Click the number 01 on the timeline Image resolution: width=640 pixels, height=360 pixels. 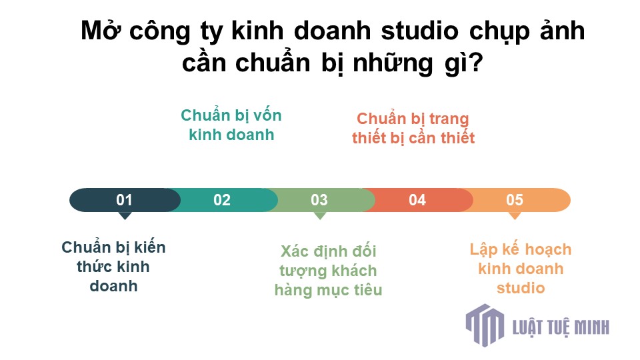click(124, 200)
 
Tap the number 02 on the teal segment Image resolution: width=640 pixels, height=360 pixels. click(222, 200)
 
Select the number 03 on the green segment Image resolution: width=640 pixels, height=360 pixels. click(319, 200)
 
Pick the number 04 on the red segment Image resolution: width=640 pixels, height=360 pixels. click(417, 200)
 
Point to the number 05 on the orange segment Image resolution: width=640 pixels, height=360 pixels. click(514, 200)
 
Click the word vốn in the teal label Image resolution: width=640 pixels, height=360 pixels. click(267, 115)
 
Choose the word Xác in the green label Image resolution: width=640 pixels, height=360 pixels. click(294, 251)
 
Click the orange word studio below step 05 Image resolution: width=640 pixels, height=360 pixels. click(521, 288)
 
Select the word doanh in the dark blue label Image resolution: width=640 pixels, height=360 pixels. click(113, 286)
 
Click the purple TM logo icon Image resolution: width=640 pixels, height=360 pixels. click(485, 325)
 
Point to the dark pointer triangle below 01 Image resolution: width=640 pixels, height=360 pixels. click(125, 215)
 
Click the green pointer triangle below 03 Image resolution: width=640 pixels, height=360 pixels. click(319, 215)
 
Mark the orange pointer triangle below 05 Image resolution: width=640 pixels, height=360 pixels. click(515, 215)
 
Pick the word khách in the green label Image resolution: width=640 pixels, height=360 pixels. click(354, 270)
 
